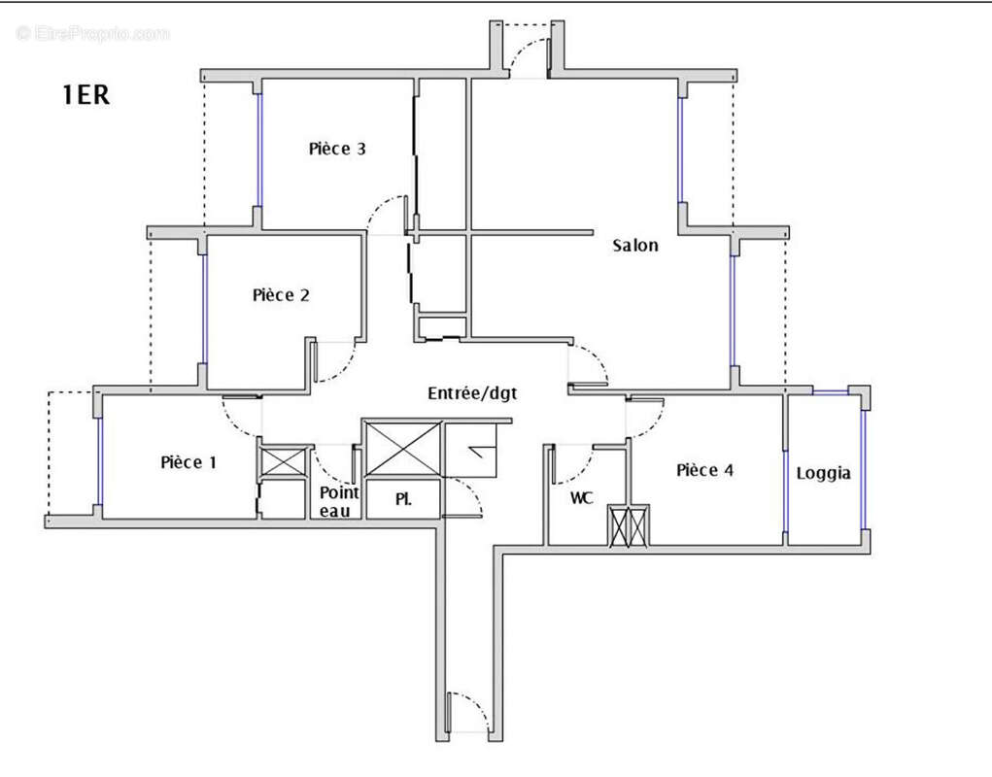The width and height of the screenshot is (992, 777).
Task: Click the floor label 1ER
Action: click(86, 96)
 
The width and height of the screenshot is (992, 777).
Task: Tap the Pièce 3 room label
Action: click(337, 149)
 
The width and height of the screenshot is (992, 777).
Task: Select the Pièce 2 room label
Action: click(281, 294)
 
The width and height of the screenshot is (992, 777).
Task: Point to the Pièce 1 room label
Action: click(188, 462)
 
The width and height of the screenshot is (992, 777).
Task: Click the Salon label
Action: click(635, 246)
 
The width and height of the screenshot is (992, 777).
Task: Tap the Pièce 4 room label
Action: click(704, 470)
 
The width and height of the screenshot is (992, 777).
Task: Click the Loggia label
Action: click(823, 473)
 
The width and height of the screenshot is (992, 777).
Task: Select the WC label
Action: click(582, 498)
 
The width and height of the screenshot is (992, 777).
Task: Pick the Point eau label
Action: click(339, 501)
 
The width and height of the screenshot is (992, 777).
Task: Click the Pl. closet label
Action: click(403, 500)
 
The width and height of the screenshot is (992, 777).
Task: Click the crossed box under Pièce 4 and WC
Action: click(628, 527)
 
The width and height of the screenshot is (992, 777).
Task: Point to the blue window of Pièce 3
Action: click(259, 151)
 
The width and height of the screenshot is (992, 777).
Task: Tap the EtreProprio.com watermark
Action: click(93, 33)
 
